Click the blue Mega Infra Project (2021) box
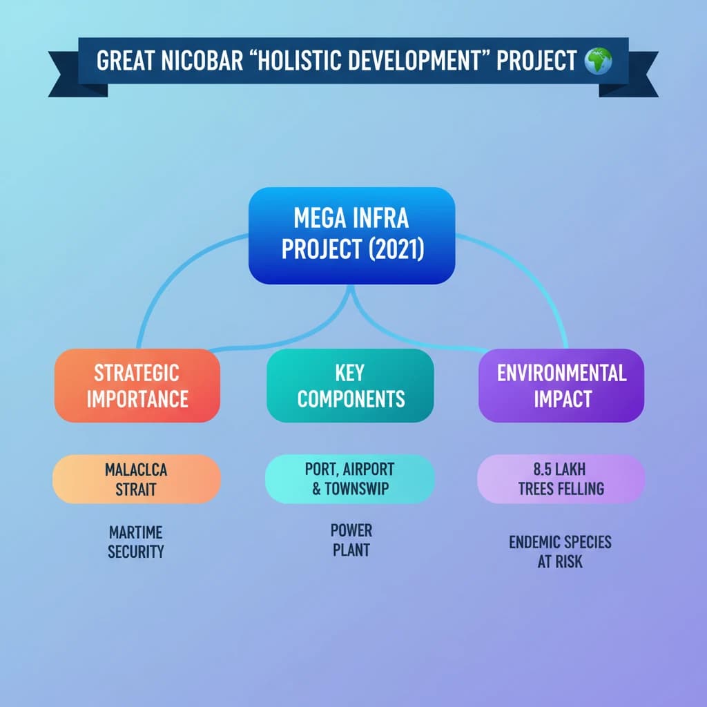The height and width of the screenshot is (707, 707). pos(351,235)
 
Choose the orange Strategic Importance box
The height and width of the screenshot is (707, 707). pos(137,385)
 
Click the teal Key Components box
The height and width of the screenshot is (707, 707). pos(350,385)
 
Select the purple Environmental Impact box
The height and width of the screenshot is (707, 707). pos(561,385)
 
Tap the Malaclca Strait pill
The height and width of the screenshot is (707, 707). pos(137,479)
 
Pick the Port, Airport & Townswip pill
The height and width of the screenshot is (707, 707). pos(350,479)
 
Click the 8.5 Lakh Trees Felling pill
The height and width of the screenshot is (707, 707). pos(560,479)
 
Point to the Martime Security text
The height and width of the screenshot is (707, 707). pos(136,542)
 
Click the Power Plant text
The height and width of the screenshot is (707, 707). pos(351,541)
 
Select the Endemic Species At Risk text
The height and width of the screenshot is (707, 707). pos(560,551)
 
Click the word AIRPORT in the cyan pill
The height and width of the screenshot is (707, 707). pos(370,469)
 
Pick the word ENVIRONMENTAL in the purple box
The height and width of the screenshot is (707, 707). pos(561,374)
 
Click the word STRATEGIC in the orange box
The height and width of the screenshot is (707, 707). pos(137,374)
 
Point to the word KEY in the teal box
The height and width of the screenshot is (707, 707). pos(350,374)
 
